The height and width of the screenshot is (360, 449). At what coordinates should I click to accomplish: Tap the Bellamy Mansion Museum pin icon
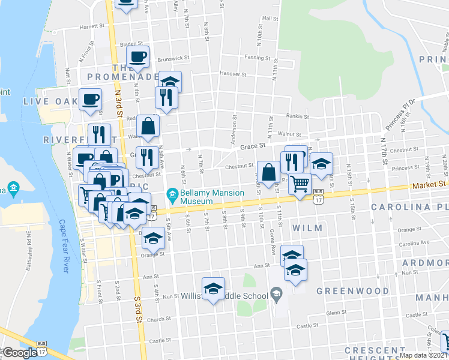(x=172, y=194)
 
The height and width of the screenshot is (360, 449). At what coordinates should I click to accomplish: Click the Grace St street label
(x=253, y=145)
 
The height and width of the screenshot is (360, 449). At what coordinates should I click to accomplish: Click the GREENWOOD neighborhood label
(x=352, y=291)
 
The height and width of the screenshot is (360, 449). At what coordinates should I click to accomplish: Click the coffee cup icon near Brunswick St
(x=138, y=57)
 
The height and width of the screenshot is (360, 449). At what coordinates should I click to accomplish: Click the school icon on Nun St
(x=213, y=289)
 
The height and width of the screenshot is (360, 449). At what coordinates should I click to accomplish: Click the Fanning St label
(x=258, y=58)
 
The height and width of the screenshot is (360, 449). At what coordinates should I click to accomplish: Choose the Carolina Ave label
(x=415, y=244)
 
